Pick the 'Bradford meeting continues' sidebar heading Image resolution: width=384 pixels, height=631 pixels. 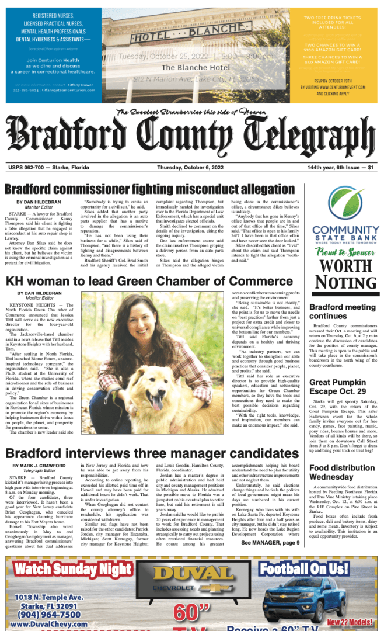(x=343, y=311)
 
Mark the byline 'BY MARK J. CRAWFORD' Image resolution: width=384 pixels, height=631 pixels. (x=40, y=466)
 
